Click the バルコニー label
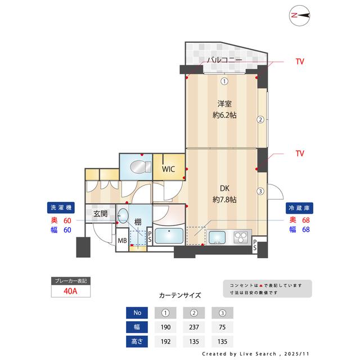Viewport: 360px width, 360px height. (x=224, y=60)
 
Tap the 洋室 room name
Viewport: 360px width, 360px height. (x=224, y=103)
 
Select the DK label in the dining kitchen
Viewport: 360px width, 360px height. (x=224, y=189)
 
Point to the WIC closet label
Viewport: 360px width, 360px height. (x=168, y=169)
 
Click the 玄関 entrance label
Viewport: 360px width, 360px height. (x=100, y=214)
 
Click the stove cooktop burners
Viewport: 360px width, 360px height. (x=241, y=237)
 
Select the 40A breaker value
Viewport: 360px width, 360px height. (x=70, y=291)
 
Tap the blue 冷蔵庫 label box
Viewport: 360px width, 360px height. (x=299, y=207)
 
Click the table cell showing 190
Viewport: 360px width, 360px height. (x=166, y=326)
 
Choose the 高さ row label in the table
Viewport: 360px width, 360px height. (x=137, y=341)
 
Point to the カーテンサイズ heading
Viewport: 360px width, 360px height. (x=180, y=295)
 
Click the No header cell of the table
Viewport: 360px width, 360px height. (x=137, y=312)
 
